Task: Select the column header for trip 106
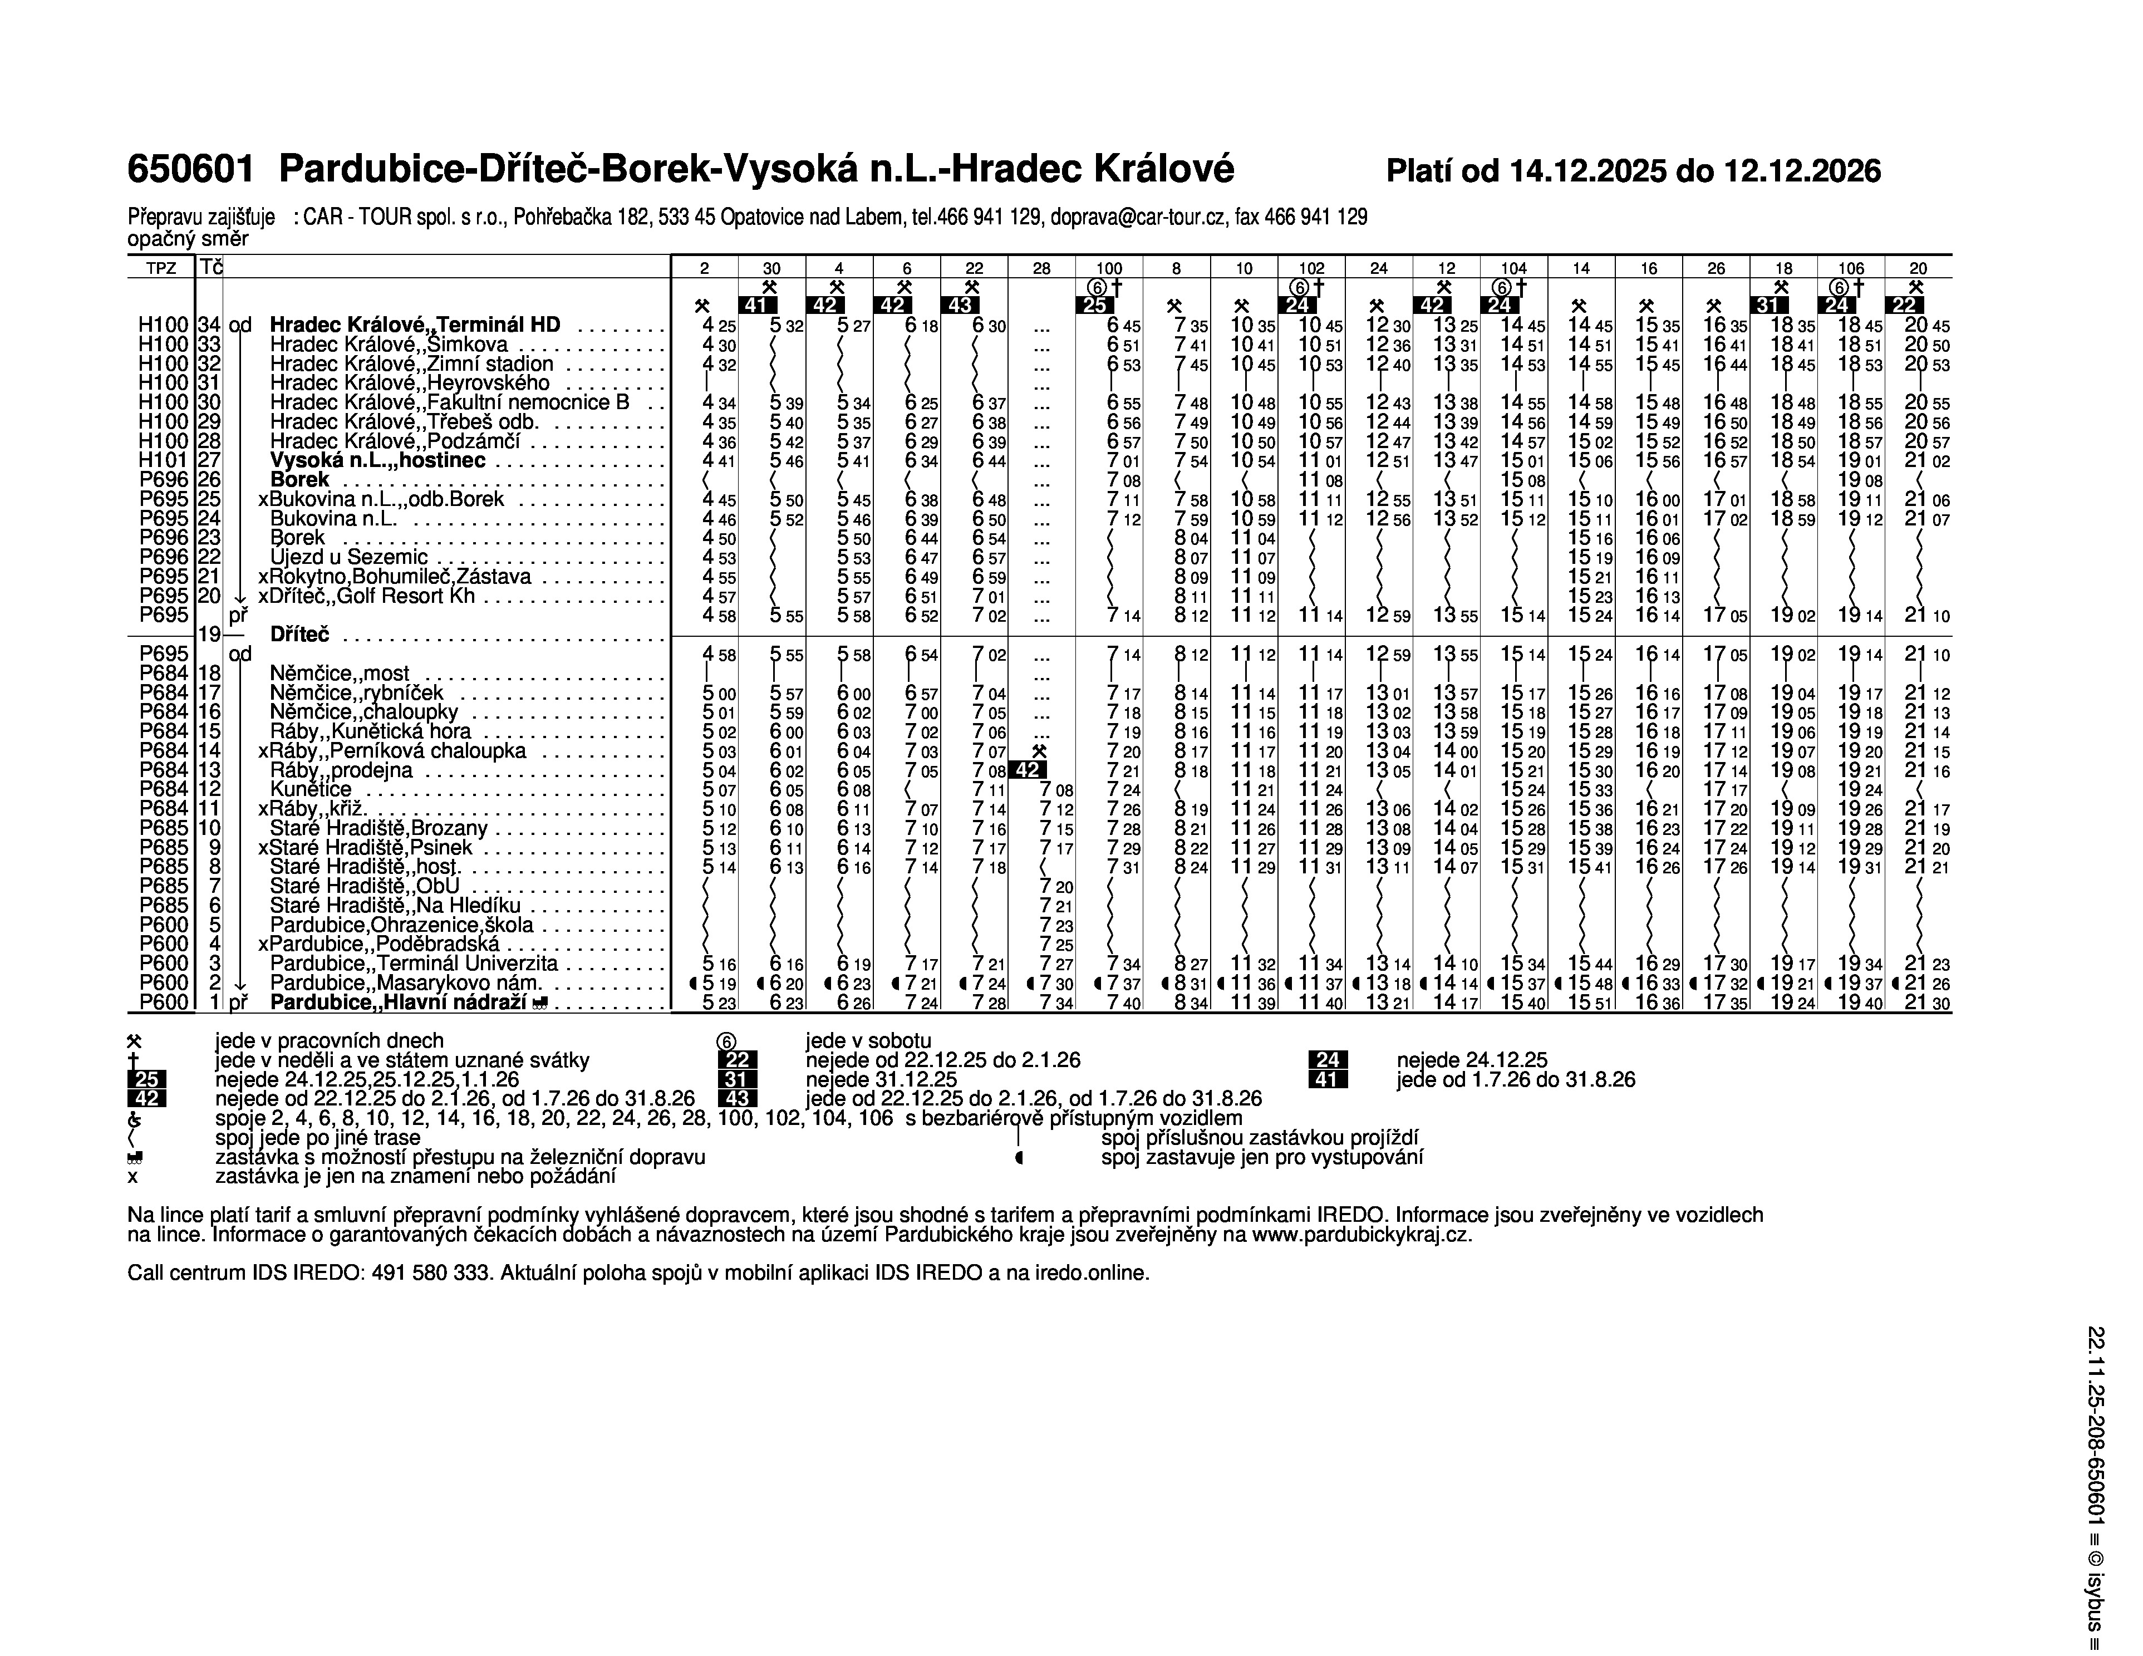click(1851, 268)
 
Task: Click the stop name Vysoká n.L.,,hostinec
click(378, 460)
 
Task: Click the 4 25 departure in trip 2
click(718, 326)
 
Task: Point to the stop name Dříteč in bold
click(299, 635)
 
